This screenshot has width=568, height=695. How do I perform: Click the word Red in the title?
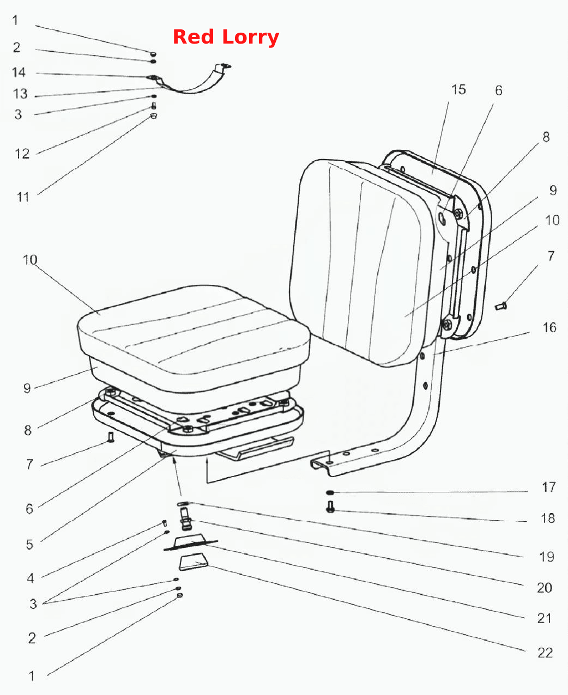click(194, 36)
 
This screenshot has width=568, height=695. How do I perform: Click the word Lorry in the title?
click(251, 37)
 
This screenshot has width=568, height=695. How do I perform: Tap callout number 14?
click(19, 72)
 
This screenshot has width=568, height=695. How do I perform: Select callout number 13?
click(20, 94)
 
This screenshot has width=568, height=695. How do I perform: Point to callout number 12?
click(22, 154)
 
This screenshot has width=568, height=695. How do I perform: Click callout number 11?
click(23, 197)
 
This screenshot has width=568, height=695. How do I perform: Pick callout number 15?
click(458, 89)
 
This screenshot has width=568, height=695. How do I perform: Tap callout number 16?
click(549, 327)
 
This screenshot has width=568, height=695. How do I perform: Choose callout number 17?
click(549, 487)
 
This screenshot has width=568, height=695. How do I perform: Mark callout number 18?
click(548, 519)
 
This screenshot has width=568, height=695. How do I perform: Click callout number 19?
click(547, 557)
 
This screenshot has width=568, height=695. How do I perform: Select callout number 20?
click(545, 588)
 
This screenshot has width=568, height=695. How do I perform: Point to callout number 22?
click(545, 653)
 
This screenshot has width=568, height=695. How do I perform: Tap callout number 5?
click(29, 545)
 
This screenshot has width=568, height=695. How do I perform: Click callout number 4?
click(31, 578)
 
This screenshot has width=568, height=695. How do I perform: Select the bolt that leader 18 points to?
click(330, 507)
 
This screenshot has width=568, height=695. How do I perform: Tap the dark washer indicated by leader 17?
click(330, 493)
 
